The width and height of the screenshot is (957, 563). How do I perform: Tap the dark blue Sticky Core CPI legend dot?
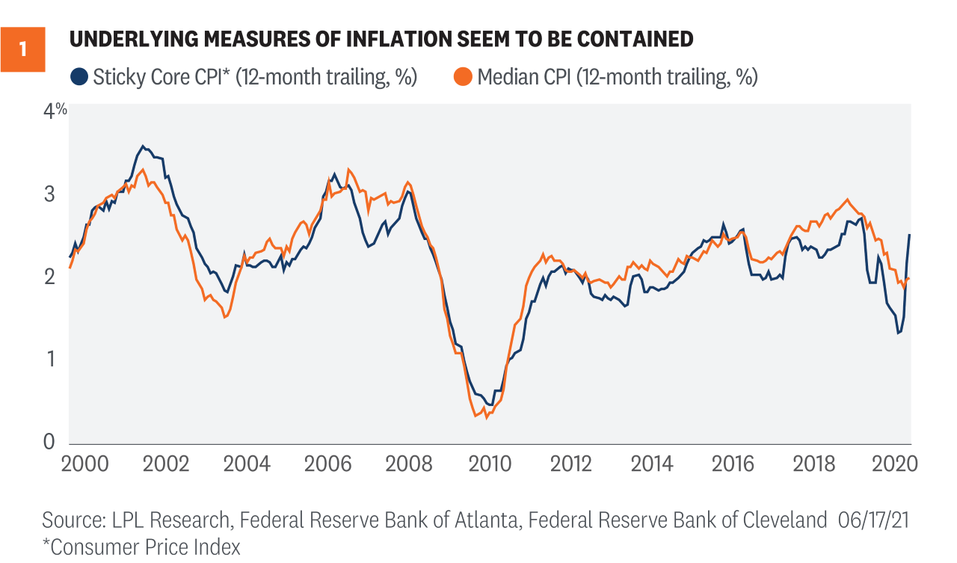coord(78,76)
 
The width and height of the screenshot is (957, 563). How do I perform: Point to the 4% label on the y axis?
coord(55,111)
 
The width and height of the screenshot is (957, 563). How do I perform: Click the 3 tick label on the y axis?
coord(51,194)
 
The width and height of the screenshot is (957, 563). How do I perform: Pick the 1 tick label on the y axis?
coord(51,360)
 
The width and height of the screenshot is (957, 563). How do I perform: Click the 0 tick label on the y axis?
coord(50,443)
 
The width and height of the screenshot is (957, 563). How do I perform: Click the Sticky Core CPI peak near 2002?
coord(143,146)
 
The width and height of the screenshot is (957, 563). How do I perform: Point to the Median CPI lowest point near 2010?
coord(476,416)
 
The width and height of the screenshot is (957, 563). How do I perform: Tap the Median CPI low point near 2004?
coord(224,318)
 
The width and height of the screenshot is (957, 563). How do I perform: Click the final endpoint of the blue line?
coord(910,235)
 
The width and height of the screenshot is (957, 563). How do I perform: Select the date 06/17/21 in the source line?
coord(873,520)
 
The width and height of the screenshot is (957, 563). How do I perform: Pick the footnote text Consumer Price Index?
coord(144,547)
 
